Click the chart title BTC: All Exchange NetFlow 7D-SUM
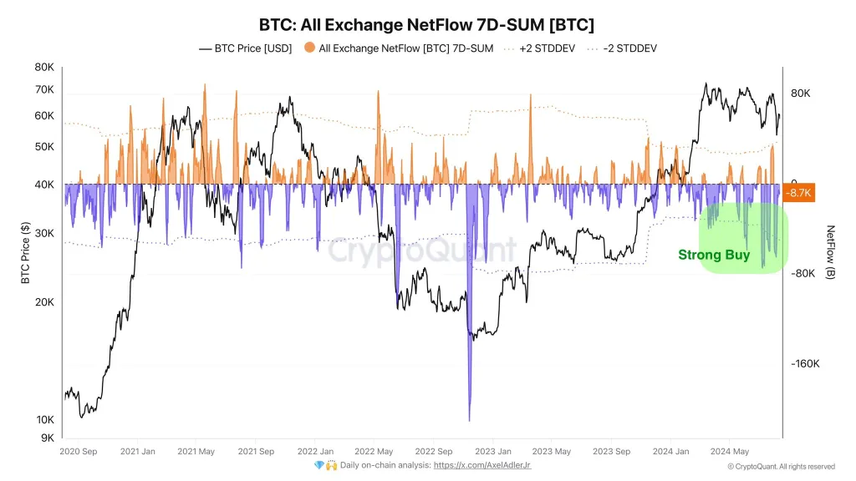427,24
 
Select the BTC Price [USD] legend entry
245,48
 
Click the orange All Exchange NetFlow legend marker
309,48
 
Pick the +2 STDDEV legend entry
539,48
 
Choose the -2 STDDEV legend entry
623,48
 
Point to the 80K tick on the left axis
43,68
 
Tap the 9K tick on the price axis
47,438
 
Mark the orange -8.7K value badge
800,193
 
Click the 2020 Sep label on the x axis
79,452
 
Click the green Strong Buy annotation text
713,255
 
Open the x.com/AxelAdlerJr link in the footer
481,465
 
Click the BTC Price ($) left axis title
26,252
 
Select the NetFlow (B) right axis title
830,252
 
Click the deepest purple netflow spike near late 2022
469,418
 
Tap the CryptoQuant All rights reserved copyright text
781,467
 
